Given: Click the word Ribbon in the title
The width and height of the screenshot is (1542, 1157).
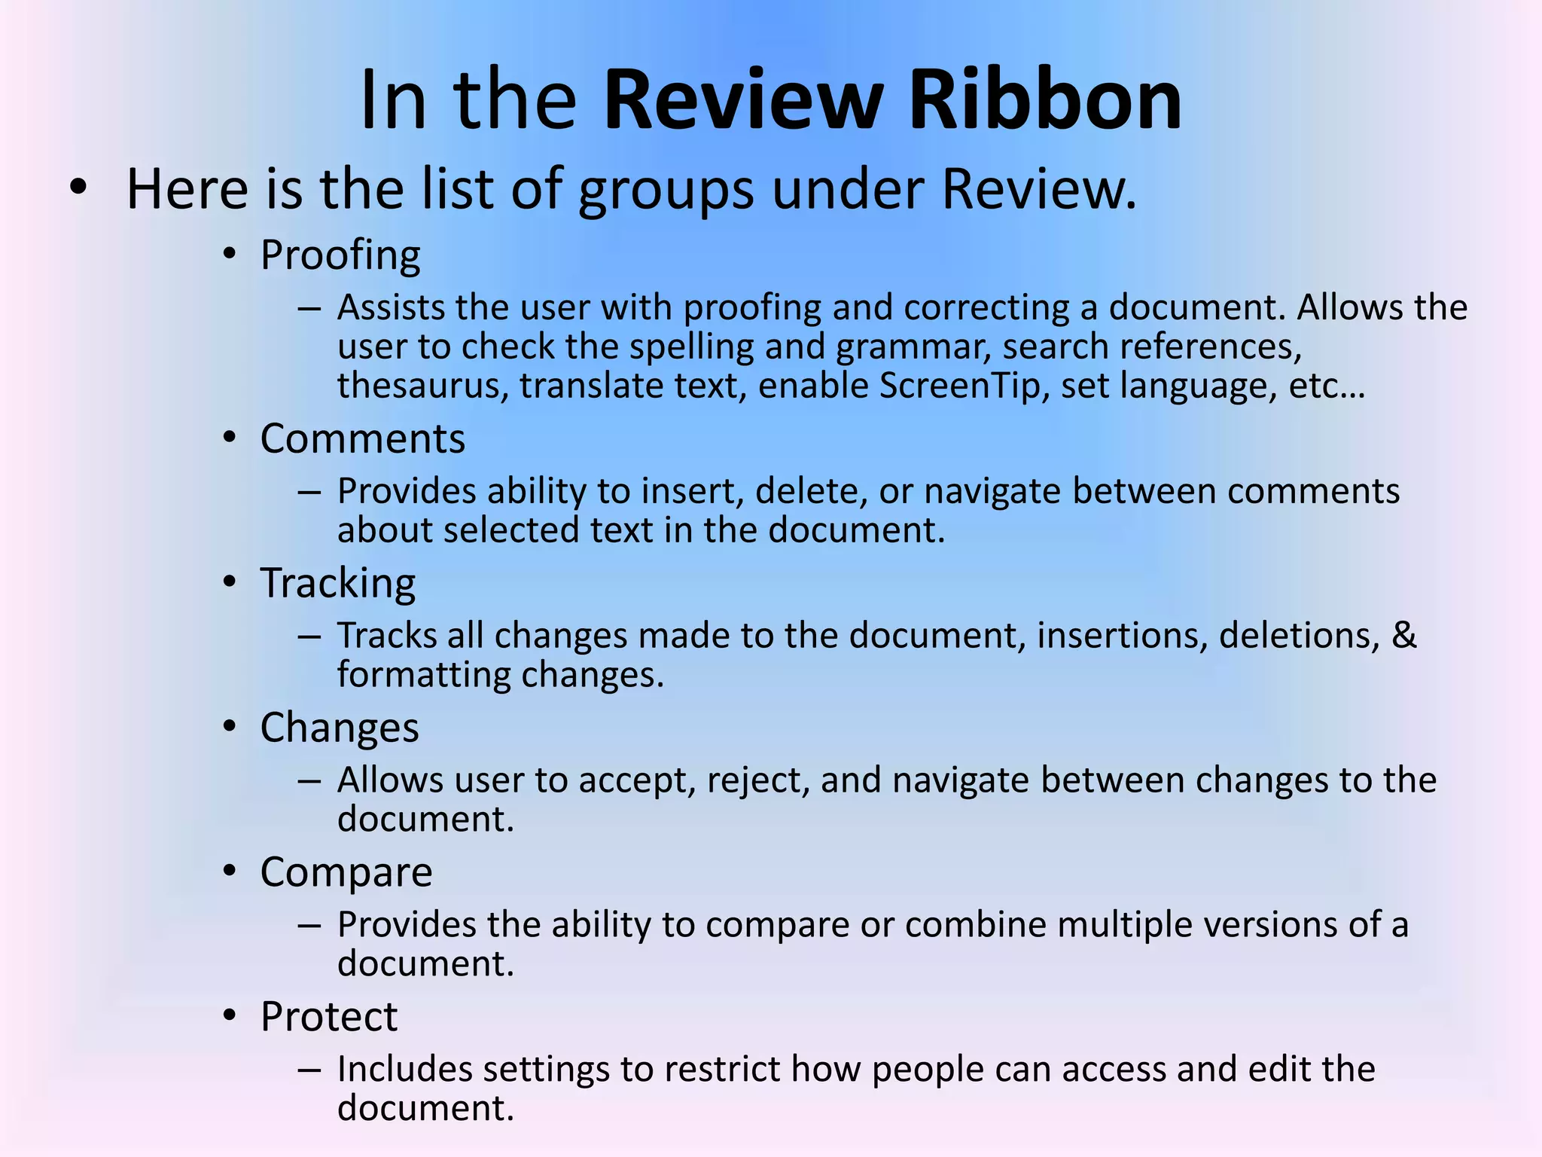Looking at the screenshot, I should click(x=1045, y=100).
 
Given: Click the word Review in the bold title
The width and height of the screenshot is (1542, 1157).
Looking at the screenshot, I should click(x=744, y=100).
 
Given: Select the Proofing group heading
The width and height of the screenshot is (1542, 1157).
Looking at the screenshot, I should click(x=340, y=255).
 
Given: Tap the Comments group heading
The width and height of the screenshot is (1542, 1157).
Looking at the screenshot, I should click(x=363, y=438).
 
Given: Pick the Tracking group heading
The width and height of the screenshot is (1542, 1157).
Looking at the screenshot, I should click(x=338, y=584).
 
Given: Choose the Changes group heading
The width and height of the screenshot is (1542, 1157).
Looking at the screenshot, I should click(x=340, y=728).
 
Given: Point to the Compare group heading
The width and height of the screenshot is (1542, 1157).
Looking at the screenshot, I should click(x=346, y=873).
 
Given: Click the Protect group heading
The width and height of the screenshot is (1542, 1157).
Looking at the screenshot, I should click(x=329, y=1017).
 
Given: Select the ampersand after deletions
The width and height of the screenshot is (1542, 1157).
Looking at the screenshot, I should click(x=1404, y=635).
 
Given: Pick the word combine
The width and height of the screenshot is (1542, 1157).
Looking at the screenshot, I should click(x=976, y=925).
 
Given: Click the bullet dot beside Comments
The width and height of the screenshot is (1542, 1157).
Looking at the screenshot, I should click(x=230, y=438).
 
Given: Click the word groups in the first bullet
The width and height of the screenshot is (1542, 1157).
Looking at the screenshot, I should click(x=666, y=190).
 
